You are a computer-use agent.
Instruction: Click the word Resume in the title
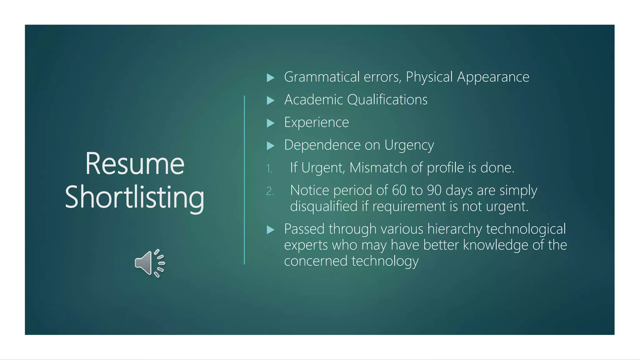tap(135, 164)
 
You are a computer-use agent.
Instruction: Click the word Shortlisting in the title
tap(135, 197)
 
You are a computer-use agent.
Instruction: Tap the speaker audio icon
tap(150, 263)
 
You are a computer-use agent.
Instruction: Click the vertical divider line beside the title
tap(244, 180)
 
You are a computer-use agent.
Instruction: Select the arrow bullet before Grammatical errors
tap(271, 77)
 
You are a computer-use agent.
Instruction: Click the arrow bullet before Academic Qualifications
tap(271, 100)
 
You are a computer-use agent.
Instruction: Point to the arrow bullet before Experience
tap(271, 123)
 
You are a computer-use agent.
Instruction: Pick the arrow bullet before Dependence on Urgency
tap(271, 146)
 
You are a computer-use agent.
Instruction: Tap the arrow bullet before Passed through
tap(271, 230)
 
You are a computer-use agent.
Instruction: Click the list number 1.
tap(269, 169)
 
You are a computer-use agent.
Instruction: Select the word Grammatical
tap(322, 77)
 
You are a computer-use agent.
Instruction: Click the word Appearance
tap(493, 77)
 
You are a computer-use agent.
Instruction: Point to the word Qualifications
tap(387, 100)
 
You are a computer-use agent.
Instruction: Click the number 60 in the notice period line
tap(399, 190)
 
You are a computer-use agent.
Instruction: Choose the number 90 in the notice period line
tap(434, 190)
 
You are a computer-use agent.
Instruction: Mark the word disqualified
tap(323, 206)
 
